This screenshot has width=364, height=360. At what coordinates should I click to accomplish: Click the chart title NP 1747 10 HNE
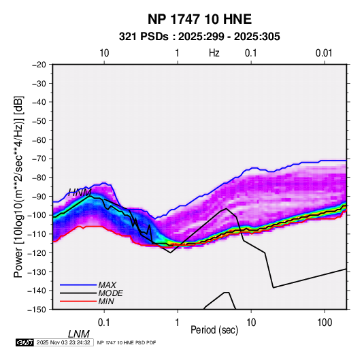[199, 19]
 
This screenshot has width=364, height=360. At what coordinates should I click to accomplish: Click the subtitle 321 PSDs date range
[199, 37]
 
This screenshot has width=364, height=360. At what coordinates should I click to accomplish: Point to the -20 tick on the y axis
[39, 65]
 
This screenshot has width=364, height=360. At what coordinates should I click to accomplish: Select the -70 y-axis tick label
[39, 159]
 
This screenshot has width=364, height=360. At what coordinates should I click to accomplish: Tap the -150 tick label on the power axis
[37, 309]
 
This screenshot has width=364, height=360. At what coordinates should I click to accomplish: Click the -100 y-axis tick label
[37, 215]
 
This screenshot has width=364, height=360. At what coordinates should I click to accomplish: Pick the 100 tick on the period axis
[325, 323]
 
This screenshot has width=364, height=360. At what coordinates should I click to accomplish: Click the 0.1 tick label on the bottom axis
[104, 323]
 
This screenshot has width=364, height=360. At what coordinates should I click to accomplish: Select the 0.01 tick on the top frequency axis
[324, 53]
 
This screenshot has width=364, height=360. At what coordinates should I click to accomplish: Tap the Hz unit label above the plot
[214, 53]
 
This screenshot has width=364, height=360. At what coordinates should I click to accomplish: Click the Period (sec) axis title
[214, 330]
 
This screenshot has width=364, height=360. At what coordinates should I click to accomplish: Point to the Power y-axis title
[18, 186]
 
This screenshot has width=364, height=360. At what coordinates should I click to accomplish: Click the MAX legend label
[107, 285]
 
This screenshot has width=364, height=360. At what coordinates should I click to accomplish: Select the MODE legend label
[110, 293]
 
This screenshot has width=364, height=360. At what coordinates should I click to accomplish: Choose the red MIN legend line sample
[78, 301]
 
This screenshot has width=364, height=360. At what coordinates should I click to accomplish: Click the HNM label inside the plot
[80, 193]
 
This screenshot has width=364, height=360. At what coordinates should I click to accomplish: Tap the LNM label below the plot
[79, 334]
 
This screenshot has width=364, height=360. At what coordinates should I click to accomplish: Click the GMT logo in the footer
[24, 342]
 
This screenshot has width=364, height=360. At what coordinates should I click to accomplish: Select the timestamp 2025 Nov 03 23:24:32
[63, 342]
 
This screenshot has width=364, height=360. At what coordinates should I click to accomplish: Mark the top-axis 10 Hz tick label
[104, 53]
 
